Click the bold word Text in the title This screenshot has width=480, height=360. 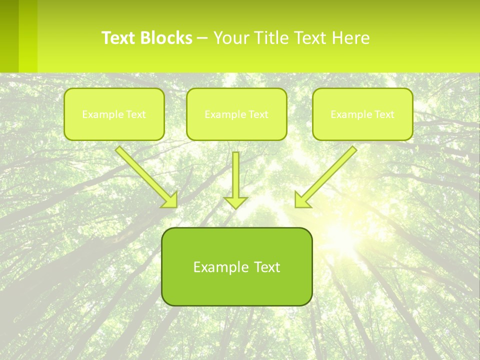[x=119, y=38]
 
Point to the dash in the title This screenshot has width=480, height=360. [x=202, y=38]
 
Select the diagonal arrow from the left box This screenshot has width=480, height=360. [x=145, y=175]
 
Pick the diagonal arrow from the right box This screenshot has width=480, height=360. [x=327, y=175]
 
